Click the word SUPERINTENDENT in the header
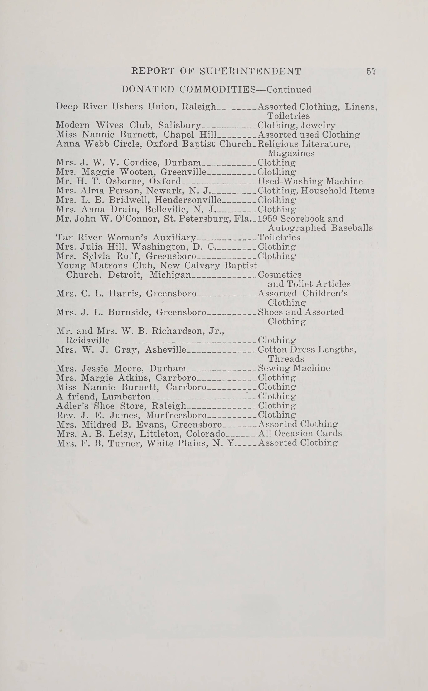pyautogui.click(x=250, y=71)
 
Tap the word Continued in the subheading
pyautogui.click(x=289, y=90)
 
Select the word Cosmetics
pyautogui.click(x=280, y=275)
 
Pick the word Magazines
pyautogui.click(x=291, y=153)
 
